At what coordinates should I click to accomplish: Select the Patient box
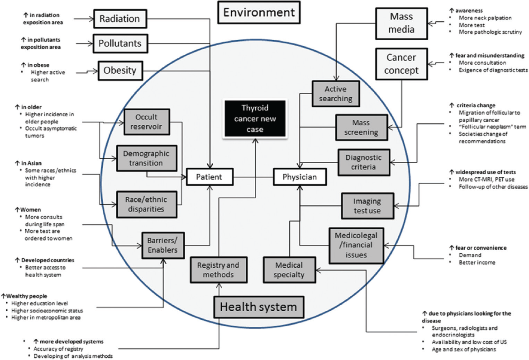click(x=210, y=176)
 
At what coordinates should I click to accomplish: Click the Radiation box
click(x=120, y=19)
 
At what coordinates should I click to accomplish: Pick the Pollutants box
click(x=120, y=44)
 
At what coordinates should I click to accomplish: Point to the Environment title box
click(x=258, y=13)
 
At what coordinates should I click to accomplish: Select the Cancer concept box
click(x=401, y=64)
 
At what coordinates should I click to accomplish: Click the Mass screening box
click(x=362, y=128)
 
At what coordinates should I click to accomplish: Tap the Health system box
click(x=258, y=307)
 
